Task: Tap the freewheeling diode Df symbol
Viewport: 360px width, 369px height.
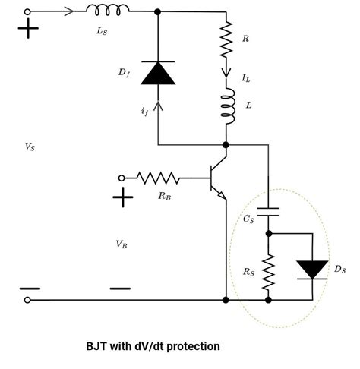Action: tap(157, 74)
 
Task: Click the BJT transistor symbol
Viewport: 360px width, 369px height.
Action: tap(217, 178)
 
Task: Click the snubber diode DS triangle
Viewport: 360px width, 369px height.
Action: tap(312, 269)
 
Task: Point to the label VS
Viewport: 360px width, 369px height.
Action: tap(30, 147)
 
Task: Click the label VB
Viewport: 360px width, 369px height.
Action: tap(122, 244)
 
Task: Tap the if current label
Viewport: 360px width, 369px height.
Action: tap(144, 112)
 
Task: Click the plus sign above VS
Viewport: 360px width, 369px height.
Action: tap(30, 30)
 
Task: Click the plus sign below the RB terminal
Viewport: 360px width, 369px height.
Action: tap(122, 198)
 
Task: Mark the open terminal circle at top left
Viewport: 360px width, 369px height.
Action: tap(30, 12)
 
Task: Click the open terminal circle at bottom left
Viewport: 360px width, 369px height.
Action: tap(30, 301)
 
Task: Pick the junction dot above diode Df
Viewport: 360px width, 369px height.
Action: tap(157, 12)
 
